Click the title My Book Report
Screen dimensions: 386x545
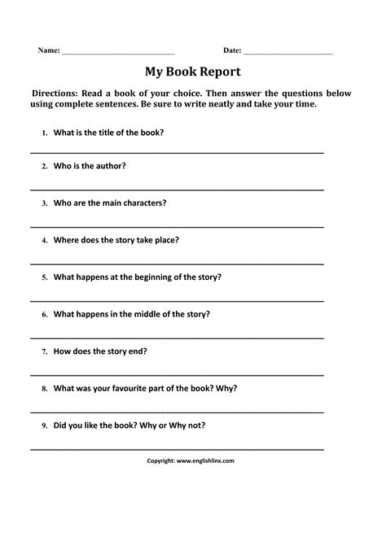click(193, 71)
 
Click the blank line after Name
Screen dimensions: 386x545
click(118, 54)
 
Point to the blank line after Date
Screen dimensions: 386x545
click(288, 54)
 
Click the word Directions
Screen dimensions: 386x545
click(57, 94)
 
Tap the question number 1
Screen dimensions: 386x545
click(42, 132)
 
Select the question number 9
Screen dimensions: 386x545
click(42, 425)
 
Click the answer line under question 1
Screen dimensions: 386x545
click(177, 151)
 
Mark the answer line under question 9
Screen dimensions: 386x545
click(177, 448)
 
